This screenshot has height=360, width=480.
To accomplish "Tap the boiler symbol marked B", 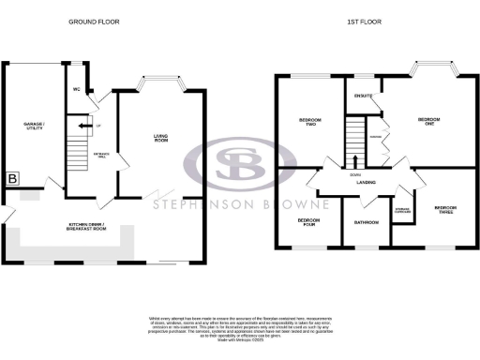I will (13, 178).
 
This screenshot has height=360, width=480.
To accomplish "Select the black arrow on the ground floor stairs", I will (83, 124).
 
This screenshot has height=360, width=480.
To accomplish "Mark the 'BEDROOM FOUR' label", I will (308, 223).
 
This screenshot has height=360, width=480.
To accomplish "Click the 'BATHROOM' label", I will (366, 222).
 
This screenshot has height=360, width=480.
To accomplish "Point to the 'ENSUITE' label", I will (362, 96).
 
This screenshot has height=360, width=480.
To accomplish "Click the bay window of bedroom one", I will (432, 70).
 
